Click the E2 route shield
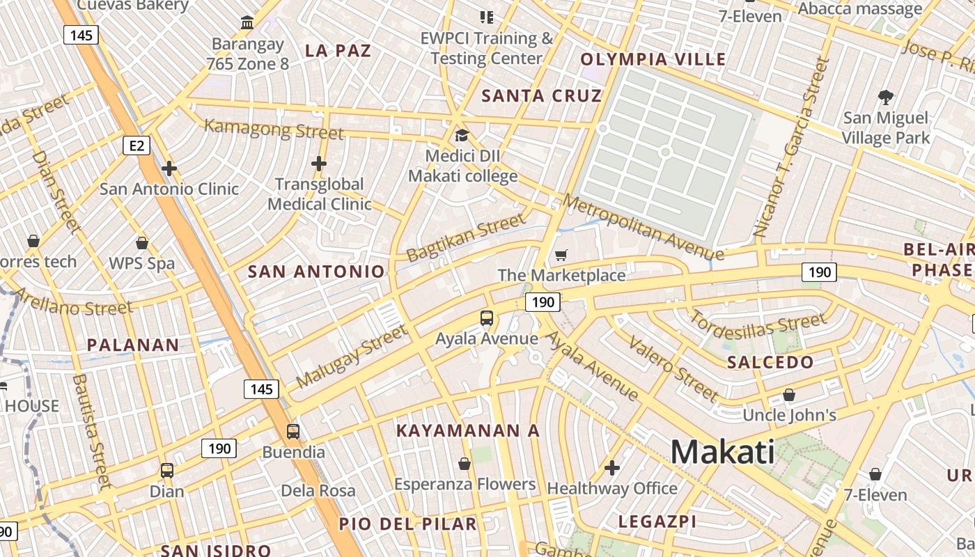136,146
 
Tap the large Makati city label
722,452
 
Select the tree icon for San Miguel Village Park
886,97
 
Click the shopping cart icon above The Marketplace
561,256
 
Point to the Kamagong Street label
274,130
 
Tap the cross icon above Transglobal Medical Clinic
319,164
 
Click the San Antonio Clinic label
169,189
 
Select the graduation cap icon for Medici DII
462,135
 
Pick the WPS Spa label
142,264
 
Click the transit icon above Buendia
293,432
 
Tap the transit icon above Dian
167,471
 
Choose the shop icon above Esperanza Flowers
465,464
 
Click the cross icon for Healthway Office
612,468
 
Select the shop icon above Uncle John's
789,395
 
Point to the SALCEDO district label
770,362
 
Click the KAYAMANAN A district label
468,431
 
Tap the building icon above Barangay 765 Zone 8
247,23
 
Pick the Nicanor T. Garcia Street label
792,148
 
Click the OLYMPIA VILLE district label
653,59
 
